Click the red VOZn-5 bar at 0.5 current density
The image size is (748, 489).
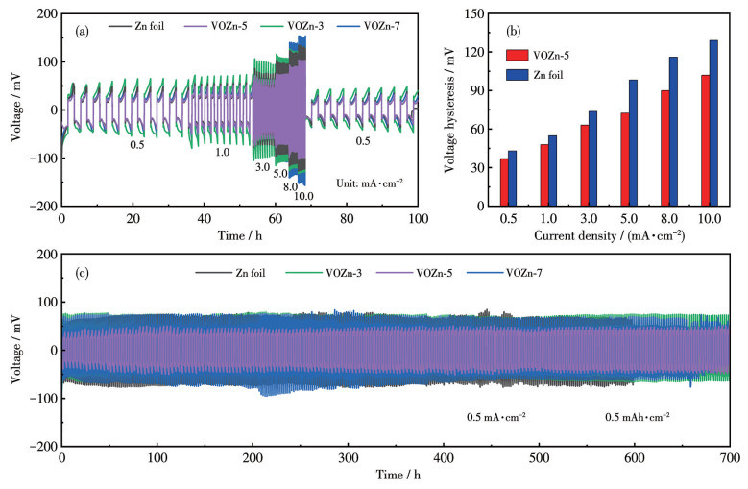click(x=504, y=183)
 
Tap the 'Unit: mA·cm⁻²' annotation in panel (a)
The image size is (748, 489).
click(x=368, y=183)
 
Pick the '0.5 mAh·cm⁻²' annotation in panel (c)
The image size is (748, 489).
click(x=638, y=416)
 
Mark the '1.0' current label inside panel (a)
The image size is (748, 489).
click(x=223, y=152)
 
